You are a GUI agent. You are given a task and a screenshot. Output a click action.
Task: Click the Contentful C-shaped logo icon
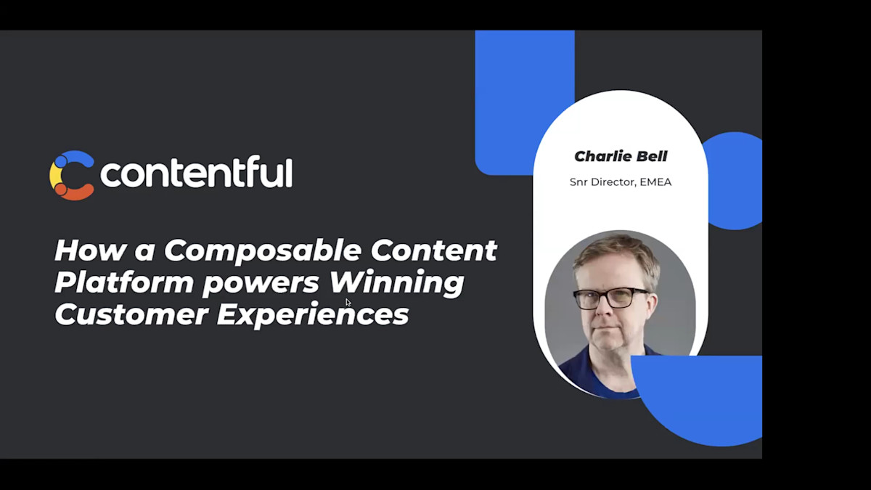click(71, 175)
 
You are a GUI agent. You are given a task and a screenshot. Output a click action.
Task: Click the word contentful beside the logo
click(196, 174)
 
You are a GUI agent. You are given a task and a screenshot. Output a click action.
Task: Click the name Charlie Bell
click(621, 156)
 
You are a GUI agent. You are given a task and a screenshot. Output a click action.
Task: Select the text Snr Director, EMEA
click(621, 182)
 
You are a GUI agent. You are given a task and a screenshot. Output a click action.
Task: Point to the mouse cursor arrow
click(348, 303)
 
